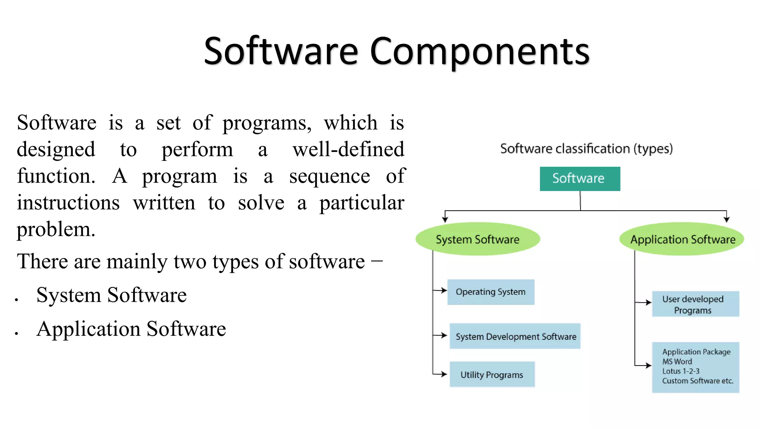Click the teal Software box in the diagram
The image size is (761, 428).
pyautogui.click(x=580, y=179)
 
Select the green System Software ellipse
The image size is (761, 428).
pyautogui.click(x=477, y=239)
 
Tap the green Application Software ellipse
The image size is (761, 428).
pyautogui.click(x=682, y=239)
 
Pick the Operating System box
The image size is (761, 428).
pyautogui.click(x=490, y=292)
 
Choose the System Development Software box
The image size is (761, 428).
pyautogui.click(x=515, y=336)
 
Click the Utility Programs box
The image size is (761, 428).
pyautogui.click(x=492, y=374)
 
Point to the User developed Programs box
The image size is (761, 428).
pyautogui.click(x=695, y=304)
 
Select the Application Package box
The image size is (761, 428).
pyautogui.click(x=695, y=367)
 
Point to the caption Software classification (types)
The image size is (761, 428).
pyautogui.click(x=586, y=149)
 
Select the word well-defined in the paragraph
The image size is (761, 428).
pyautogui.click(x=348, y=149)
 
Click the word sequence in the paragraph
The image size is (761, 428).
pyautogui.click(x=330, y=176)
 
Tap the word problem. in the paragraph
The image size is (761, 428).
pyautogui.click(x=56, y=229)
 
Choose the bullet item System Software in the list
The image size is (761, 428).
pyautogui.click(x=111, y=295)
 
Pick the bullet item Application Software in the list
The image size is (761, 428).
pyautogui.click(x=131, y=329)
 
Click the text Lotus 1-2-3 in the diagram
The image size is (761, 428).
pyautogui.click(x=681, y=371)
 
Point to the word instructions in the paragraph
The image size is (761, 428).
pyautogui.click(x=68, y=203)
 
